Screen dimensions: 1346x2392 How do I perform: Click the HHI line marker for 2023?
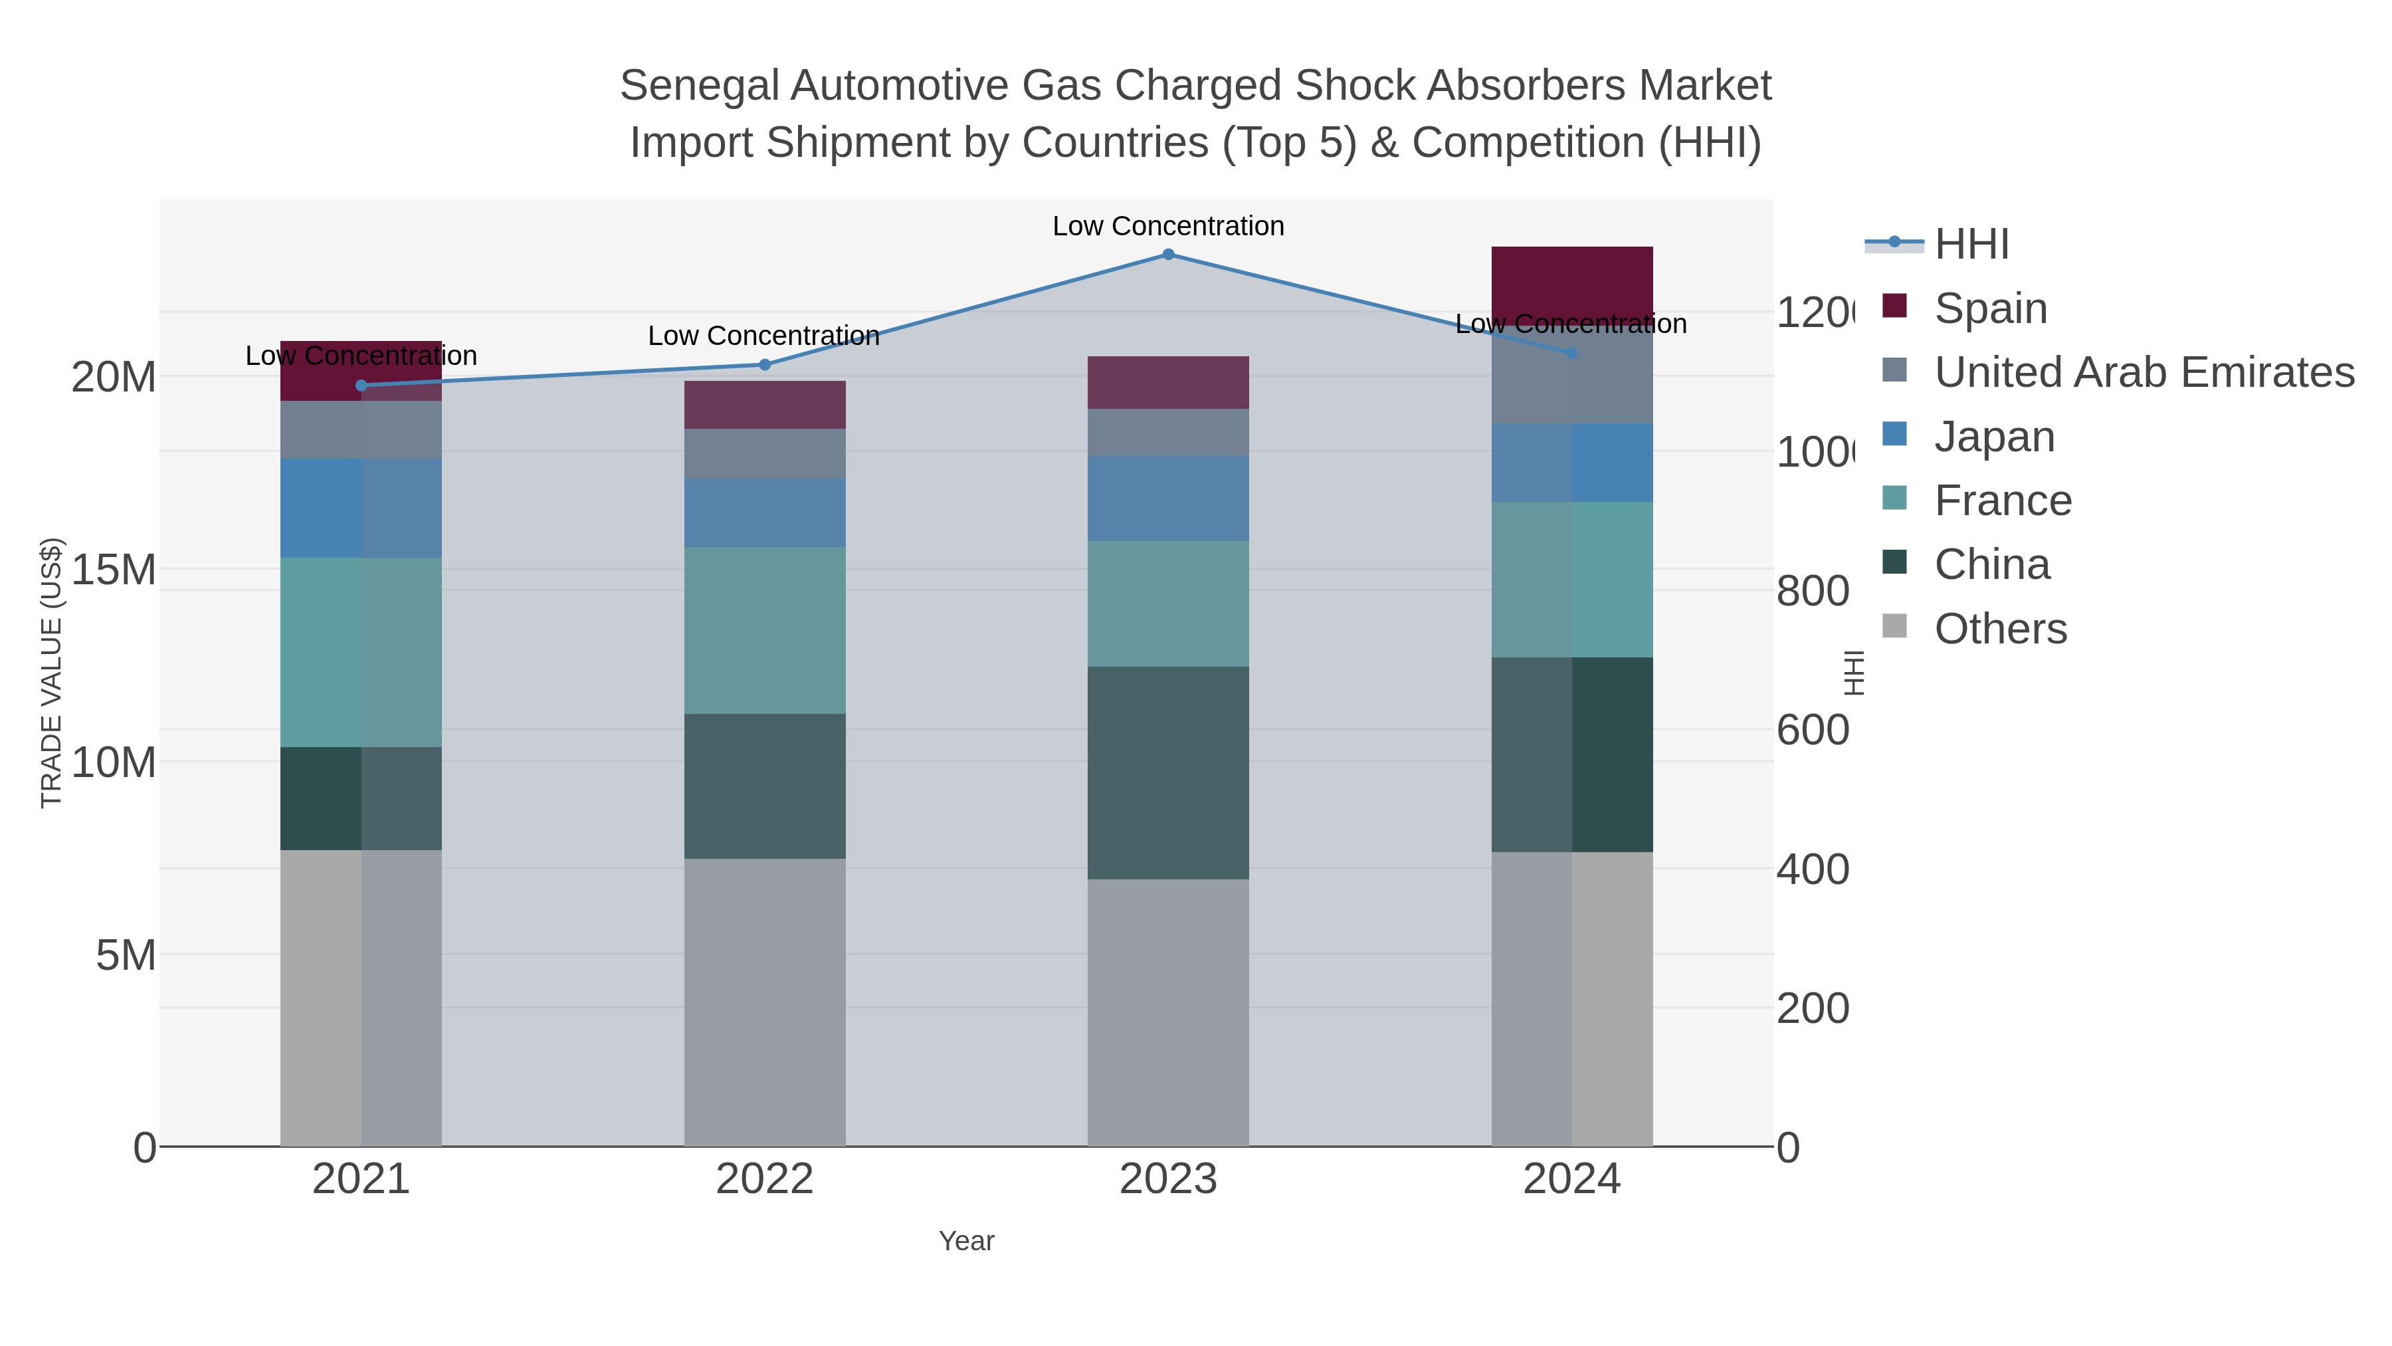click(x=1168, y=255)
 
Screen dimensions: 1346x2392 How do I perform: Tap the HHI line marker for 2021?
click(x=361, y=386)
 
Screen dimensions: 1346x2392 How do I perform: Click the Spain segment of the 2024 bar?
click(x=1571, y=279)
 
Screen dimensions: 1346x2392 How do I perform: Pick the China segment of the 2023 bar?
click(x=1168, y=773)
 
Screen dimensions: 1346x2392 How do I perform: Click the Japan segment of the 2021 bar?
click(x=361, y=508)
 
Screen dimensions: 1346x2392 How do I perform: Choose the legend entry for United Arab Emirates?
click(x=2143, y=372)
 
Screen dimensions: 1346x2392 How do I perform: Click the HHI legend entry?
click(x=1971, y=245)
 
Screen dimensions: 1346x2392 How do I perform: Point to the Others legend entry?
click(x=2000, y=629)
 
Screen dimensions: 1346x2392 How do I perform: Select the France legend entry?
click(x=2002, y=501)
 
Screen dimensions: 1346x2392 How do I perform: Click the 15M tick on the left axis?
click(x=113, y=570)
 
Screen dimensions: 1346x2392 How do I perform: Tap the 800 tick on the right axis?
click(x=1813, y=592)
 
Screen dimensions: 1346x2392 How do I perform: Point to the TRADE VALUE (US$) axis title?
click(x=51, y=673)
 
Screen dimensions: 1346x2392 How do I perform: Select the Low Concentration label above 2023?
click(x=1168, y=226)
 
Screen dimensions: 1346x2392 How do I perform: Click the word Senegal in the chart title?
click(x=698, y=86)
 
